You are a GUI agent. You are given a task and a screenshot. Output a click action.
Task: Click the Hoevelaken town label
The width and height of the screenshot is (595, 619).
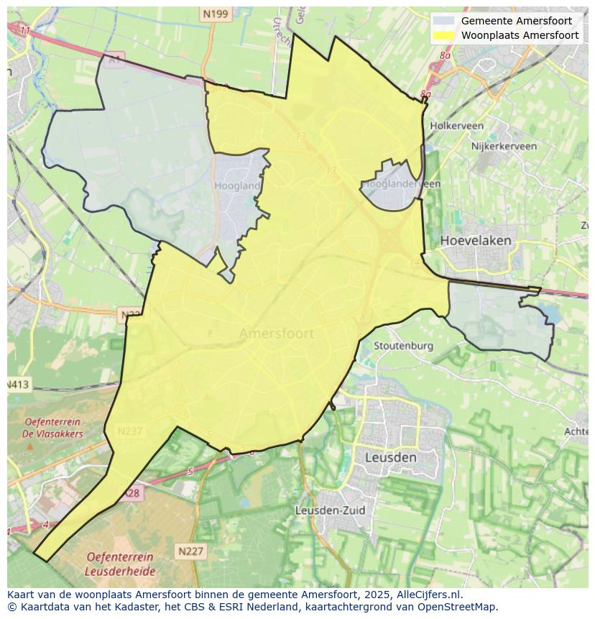[476, 240]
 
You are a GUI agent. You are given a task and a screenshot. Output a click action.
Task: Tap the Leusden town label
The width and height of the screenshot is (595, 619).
[390, 457]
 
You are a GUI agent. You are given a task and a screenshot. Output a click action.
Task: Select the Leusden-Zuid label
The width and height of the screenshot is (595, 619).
[331, 510]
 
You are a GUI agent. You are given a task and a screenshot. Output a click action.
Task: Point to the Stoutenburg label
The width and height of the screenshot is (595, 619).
[403, 346]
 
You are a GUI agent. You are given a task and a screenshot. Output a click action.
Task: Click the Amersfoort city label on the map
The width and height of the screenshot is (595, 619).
[276, 334]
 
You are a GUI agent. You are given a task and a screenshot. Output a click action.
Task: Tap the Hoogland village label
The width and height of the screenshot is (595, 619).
[237, 185]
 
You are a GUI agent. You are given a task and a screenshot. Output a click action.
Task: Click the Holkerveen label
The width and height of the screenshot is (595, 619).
[456, 126]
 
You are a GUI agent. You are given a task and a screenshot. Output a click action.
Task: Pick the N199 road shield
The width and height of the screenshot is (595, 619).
[215, 14]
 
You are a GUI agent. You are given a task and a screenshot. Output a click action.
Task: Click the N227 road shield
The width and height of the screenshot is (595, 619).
[190, 551]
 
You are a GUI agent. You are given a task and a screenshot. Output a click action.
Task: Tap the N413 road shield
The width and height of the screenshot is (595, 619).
[18, 385]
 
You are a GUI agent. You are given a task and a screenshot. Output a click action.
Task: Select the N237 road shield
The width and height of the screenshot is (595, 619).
[130, 431]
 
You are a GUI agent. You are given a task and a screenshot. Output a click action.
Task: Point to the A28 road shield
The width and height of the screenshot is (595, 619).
[132, 493]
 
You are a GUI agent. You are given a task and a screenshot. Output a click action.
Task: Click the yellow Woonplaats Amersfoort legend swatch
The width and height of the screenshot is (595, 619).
[444, 35]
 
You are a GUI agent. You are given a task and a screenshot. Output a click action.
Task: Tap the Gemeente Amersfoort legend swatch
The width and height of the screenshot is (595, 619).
[444, 21]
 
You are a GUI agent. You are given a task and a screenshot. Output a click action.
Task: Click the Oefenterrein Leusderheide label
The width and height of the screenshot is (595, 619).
[119, 564]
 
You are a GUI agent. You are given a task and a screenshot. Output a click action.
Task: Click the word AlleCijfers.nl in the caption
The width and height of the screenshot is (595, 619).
[430, 595]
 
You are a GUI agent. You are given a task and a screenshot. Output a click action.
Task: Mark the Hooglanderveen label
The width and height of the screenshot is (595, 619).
[402, 184]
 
